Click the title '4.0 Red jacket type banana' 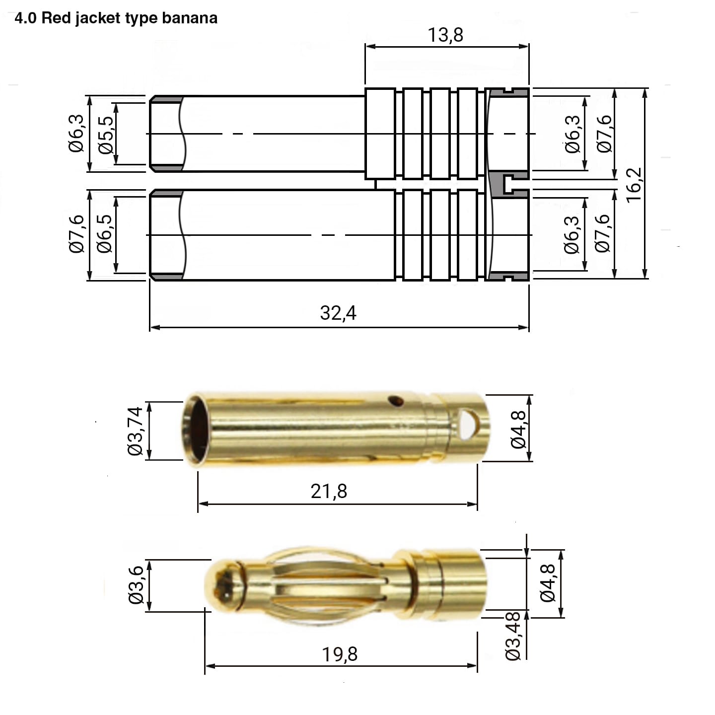coord(116,18)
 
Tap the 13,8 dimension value coord(445,35)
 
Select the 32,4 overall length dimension coord(338,313)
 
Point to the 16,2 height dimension coord(634,185)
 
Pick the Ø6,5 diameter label coord(105,234)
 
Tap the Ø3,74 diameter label coord(135,431)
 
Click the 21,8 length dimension coord(329,491)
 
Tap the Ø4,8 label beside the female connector coord(518,429)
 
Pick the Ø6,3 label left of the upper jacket coord(76,134)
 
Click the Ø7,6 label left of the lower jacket coord(77,234)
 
